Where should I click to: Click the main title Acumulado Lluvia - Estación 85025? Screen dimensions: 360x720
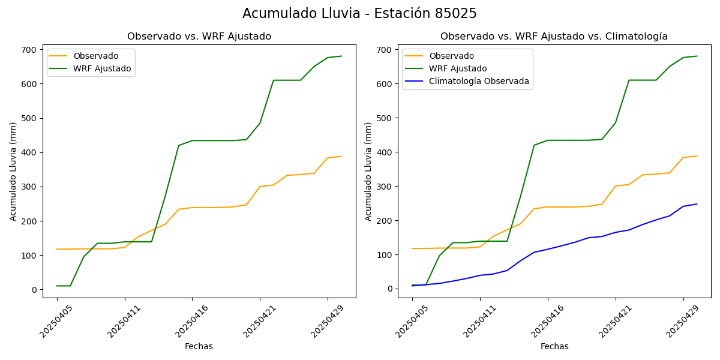[359, 13]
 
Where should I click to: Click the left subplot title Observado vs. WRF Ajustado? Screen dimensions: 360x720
[199, 37]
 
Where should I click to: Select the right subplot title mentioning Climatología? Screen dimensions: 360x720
[554, 37]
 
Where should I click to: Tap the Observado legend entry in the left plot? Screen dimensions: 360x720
[94, 56]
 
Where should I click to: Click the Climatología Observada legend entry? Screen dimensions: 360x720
[478, 81]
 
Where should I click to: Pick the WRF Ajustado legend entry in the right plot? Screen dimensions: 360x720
[458, 68]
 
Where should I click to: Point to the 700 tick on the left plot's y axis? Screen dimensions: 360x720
[31, 49]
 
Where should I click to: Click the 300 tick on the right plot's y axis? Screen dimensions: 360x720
[386, 187]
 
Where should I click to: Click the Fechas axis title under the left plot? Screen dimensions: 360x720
[199, 346]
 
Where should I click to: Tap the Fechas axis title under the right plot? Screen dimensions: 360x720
[554, 346]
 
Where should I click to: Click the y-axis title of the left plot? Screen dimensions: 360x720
[13, 171]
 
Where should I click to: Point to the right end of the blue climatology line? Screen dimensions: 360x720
[697, 204]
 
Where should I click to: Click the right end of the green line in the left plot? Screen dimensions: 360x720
[341, 56]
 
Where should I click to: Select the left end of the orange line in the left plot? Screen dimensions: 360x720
[57, 249]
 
